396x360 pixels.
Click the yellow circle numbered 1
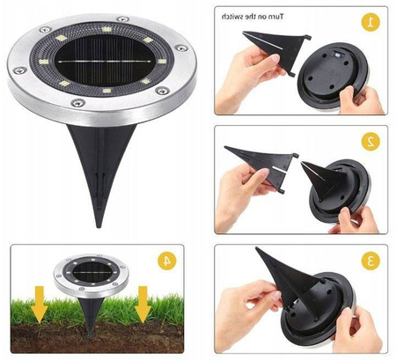pyautogui.click(x=371, y=20)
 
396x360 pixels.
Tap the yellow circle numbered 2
pyautogui.click(x=371, y=139)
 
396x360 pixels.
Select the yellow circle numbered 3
pyautogui.click(x=371, y=260)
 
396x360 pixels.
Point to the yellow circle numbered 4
pyautogui.click(x=164, y=261)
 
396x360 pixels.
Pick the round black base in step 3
pyautogui.click(x=326, y=304)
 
